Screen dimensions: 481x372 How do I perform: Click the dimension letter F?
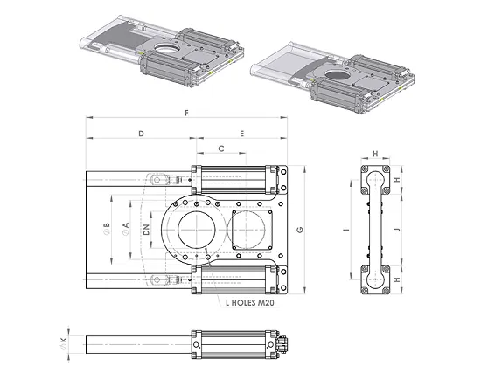(x=186, y=113)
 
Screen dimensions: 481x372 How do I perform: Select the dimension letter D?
(x=141, y=134)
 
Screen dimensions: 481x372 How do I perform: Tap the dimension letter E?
(x=242, y=134)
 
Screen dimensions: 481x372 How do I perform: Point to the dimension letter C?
(x=221, y=148)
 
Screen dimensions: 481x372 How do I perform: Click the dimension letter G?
(x=300, y=230)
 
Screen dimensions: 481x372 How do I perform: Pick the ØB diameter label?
(x=107, y=229)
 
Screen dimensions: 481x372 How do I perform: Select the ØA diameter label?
(x=125, y=229)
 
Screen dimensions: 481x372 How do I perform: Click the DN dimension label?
(x=147, y=230)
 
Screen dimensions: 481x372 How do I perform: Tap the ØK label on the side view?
(x=64, y=343)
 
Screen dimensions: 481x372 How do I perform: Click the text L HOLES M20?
(x=250, y=303)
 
